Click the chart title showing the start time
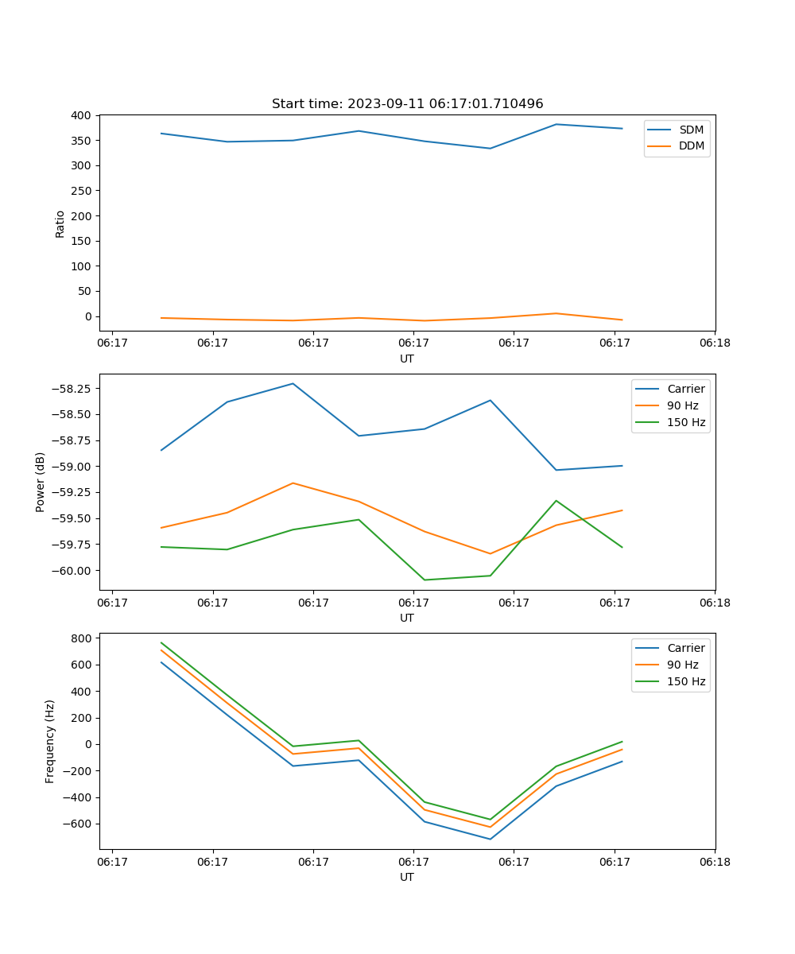[407, 104]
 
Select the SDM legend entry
[691, 129]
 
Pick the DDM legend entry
[691, 145]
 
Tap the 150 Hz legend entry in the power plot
[686, 422]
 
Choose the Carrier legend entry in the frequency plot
[685, 648]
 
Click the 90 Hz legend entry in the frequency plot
[683, 665]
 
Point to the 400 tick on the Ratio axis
[81, 115]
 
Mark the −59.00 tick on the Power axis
[72, 467]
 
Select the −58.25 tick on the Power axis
[72, 389]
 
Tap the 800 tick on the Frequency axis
[81, 638]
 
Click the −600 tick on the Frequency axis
[78, 824]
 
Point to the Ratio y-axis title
[60, 223]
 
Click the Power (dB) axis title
[41, 482]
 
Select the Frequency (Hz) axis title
[50, 741]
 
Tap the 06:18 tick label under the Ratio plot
[714, 343]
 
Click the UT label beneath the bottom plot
[407, 877]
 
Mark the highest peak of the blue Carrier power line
[293, 383]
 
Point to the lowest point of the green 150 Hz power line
[425, 580]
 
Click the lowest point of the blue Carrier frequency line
[490, 839]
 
